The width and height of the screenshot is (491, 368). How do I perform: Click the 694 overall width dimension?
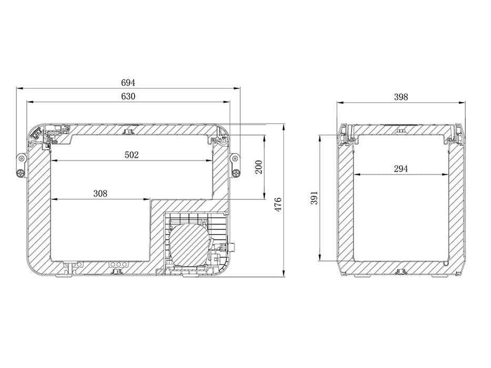[x=128, y=83]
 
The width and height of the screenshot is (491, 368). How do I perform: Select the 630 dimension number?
[x=128, y=96]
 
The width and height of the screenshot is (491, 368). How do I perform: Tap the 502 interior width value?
[x=132, y=155]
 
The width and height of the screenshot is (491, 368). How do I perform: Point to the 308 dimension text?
[x=100, y=193]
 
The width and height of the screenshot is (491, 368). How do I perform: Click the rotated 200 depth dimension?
[x=258, y=167]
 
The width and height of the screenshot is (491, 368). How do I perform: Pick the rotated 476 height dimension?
[x=278, y=205]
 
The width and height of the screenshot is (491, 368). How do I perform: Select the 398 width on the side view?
[x=401, y=97]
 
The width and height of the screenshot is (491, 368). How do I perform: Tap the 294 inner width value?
[x=401, y=169]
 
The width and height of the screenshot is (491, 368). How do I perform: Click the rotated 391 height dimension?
[x=314, y=198]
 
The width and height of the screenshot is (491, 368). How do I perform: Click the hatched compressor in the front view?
[x=188, y=243]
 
